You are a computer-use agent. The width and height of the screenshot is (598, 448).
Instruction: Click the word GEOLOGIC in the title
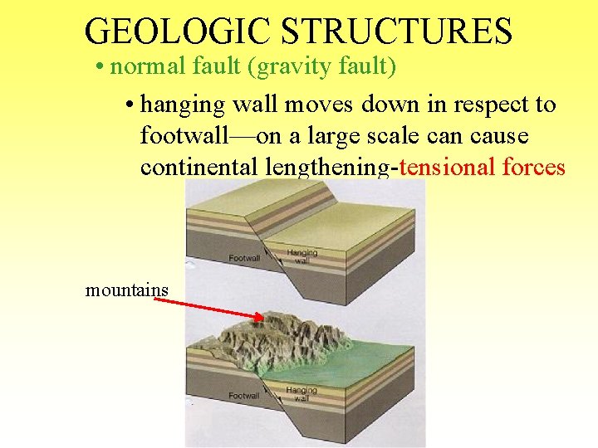click(x=178, y=32)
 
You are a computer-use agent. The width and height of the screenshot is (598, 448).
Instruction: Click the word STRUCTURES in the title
click(x=397, y=32)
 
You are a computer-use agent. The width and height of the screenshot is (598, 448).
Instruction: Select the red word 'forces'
click(x=534, y=167)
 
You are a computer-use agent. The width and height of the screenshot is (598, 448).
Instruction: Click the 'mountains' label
click(x=127, y=290)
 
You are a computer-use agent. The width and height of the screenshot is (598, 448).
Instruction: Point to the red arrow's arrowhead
click(x=259, y=317)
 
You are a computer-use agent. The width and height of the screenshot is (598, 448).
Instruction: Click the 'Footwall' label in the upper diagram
click(x=245, y=258)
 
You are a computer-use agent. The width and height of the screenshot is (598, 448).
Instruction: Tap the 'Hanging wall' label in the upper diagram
click(x=301, y=256)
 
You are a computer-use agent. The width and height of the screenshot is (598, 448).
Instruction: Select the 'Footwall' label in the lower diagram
click(x=244, y=396)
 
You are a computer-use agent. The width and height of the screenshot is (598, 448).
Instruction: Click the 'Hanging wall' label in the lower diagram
click(x=301, y=394)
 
